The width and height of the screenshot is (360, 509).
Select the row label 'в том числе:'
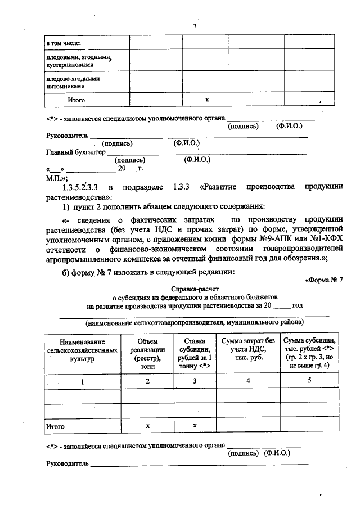tap(64, 43)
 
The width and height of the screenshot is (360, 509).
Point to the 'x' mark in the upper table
tap(208, 100)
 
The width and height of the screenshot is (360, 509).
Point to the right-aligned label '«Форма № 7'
tap(323, 280)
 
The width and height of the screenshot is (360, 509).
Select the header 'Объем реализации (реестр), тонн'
tap(147, 353)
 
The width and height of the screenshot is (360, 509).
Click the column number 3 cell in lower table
tap(195, 381)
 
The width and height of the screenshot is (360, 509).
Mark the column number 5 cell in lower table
tap(309, 381)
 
